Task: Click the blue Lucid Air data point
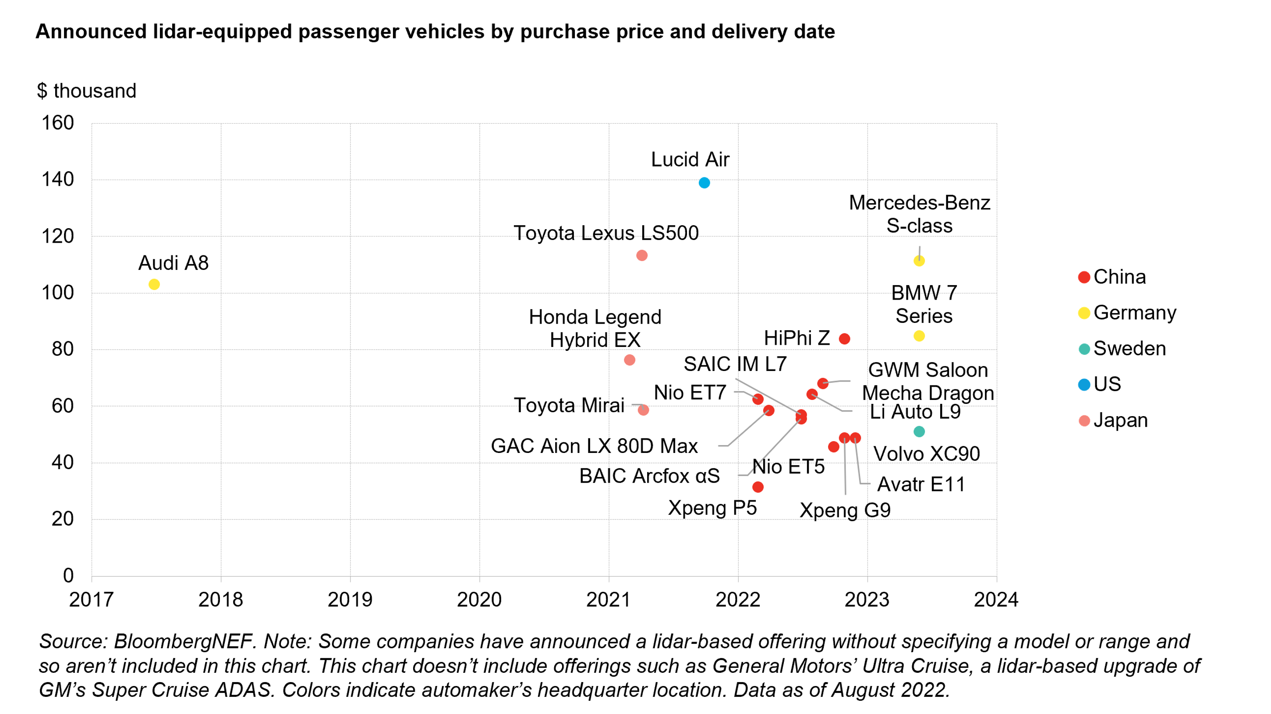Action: [x=704, y=183]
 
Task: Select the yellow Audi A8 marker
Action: [x=154, y=284]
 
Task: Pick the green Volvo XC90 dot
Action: [x=919, y=432]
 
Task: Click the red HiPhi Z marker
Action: [x=844, y=339]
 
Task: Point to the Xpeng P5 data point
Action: [x=758, y=487]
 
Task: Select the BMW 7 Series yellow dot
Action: [x=919, y=336]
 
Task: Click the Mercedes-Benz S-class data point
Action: [x=919, y=261]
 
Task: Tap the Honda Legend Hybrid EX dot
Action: [x=629, y=360]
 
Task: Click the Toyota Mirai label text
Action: [x=569, y=406]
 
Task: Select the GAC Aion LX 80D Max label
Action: [x=594, y=446]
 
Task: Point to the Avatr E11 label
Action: [x=921, y=484]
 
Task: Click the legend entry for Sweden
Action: [x=1129, y=349]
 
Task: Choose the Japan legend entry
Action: [x=1120, y=421]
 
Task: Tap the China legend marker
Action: [x=1084, y=277]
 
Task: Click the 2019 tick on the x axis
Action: [x=350, y=600]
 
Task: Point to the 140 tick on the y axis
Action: [x=58, y=180]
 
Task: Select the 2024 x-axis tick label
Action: [x=996, y=600]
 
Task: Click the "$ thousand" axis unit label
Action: [x=86, y=91]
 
